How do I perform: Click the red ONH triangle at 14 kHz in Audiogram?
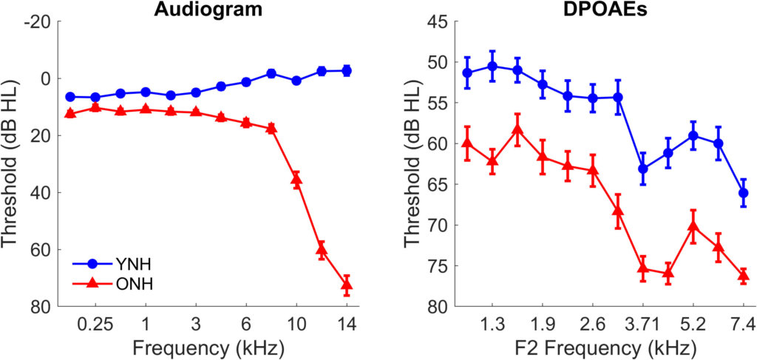[x=346, y=284]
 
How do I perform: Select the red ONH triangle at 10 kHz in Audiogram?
[x=296, y=179]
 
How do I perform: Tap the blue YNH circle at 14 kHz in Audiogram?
[x=346, y=70]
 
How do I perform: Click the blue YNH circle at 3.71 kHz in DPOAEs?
[x=643, y=169]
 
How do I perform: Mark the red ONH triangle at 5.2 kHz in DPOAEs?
[x=693, y=225]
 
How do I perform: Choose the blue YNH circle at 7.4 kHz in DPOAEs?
[x=743, y=193]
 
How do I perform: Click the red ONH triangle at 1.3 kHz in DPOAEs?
[x=492, y=160]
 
